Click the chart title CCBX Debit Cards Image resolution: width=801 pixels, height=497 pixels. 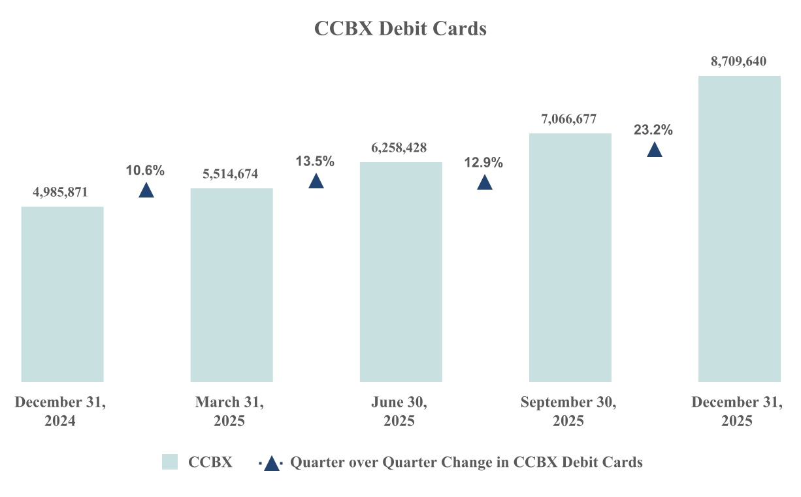(x=400, y=29)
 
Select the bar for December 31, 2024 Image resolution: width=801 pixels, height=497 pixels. (x=62, y=294)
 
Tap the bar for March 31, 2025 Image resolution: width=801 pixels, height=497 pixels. (x=231, y=284)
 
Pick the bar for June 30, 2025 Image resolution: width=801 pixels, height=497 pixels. (x=400, y=271)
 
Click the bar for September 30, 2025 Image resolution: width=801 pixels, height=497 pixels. (x=570, y=257)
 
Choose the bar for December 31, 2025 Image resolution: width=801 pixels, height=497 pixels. (x=739, y=228)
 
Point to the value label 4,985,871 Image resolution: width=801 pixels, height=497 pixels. (x=60, y=192)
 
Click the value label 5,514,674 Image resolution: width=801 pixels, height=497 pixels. (x=230, y=174)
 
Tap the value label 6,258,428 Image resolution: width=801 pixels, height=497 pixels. (x=399, y=148)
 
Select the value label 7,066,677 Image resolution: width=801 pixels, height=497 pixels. (x=568, y=119)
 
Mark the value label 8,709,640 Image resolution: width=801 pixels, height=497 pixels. (x=738, y=61)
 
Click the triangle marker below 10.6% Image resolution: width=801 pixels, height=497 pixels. (x=146, y=190)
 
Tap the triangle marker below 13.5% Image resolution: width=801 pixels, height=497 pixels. (x=316, y=181)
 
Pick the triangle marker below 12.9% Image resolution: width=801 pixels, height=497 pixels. (x=484, y=182)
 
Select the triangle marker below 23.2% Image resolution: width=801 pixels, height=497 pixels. (x=654, y=150)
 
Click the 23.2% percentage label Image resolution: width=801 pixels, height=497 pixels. (x=653, y=130)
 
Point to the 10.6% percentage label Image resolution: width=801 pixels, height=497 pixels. (x=145, y=171)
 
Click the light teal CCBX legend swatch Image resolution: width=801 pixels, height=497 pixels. (x=170, y=462)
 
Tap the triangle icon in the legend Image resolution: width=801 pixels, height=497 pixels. (x=271, y=463)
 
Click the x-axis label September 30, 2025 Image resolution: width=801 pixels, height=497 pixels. (x=568, y=412)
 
